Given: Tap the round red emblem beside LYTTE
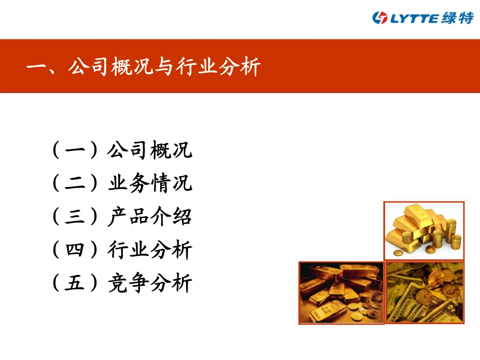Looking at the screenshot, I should point(379,18).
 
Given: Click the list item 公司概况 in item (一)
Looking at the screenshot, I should point(150,150).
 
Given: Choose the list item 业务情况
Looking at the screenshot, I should point(150,184).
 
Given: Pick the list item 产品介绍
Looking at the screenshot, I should point(150,217).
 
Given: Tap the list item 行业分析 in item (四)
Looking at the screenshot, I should point(150,250).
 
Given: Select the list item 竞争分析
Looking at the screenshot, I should point(150,284).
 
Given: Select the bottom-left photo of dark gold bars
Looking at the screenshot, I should point(341,292).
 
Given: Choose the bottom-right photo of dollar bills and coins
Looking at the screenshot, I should point(425,292).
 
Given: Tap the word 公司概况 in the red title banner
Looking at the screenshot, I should point(109,67).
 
